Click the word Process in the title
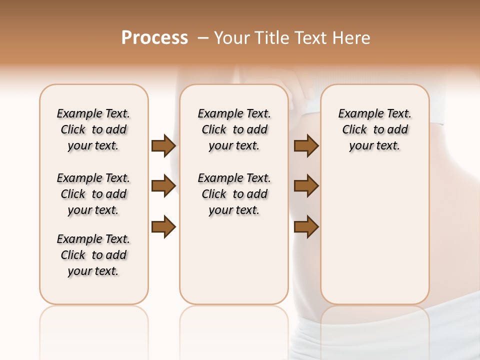tap(154, 38)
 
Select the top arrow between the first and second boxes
tap(163, 145)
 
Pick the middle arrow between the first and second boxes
tap(163, 186)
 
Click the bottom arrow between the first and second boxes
tap(163, 226)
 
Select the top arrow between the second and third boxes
tap(306, 145)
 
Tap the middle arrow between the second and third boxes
tap(306, 186)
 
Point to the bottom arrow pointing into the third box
tap(306, 226)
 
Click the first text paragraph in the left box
tap(93, 129)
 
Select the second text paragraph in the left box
tap(93, 194)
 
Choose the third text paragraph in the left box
tap(93, 255)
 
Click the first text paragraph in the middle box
tap(234, 129)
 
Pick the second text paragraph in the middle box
tap(234, 194)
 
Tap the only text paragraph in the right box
tap(374, 129)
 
